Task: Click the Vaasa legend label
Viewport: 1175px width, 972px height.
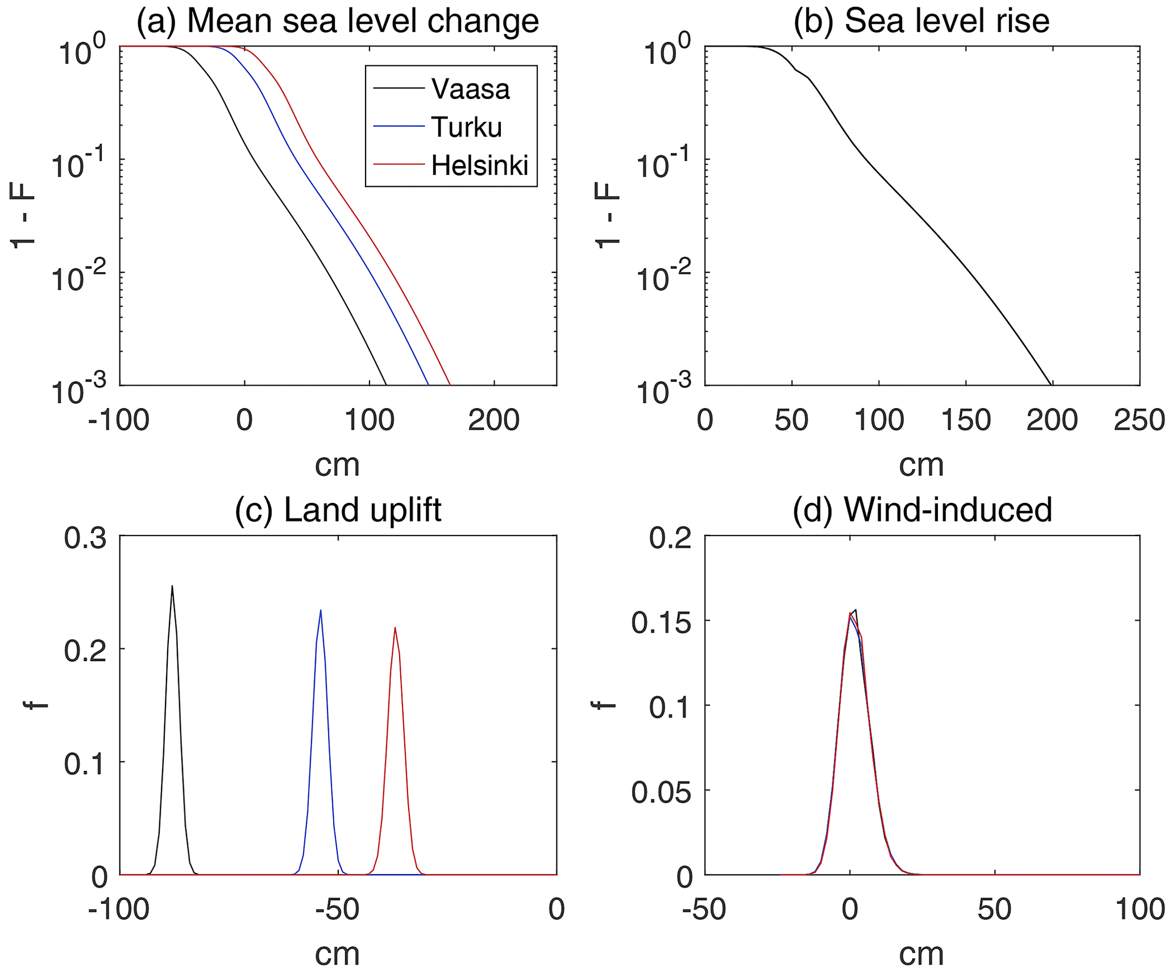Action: coord(470,89)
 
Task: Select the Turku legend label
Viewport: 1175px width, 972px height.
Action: coord(466,127)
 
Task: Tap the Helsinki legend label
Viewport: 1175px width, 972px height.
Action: coord(480,165)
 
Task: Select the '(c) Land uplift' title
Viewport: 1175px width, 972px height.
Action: coord(338,509)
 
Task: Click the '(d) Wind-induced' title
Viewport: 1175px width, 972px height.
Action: coord(921,509)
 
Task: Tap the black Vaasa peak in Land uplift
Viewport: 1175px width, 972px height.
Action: coord(172,587)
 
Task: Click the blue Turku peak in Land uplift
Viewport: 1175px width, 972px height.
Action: coord(321,611)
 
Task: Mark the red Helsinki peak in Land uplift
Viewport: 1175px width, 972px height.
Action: coord(395,628)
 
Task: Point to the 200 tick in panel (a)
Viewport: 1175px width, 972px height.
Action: coord(493,421)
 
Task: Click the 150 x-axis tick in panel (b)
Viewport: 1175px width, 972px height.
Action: coord(965,421)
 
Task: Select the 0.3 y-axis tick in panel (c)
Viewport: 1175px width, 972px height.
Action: coord(85,538)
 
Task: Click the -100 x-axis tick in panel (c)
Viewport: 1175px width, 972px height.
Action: coord(118,909)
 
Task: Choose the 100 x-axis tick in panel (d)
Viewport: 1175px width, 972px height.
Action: coord(1139,909)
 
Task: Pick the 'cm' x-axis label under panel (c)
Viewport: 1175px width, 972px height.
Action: coord(338,954)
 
